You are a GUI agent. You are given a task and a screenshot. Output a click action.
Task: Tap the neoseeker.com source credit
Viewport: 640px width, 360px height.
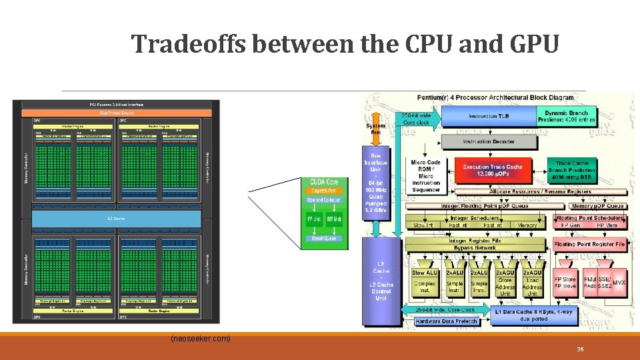(201, 339)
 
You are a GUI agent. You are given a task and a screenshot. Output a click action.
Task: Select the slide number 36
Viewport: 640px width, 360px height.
(581, 349)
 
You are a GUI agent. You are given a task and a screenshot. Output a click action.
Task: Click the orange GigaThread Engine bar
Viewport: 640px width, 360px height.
(116, 113)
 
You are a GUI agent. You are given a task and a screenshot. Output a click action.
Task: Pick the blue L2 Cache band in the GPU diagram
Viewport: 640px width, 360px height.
(116, 218)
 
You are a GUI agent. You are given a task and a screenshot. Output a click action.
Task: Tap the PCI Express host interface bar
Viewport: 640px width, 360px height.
(116, 105)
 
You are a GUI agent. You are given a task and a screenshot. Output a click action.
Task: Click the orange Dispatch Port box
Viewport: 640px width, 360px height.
(324, 191)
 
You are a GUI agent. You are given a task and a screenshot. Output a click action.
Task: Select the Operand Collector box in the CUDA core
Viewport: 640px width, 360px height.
(324, 200)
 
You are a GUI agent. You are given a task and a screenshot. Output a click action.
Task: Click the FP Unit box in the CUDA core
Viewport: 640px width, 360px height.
(314, 219)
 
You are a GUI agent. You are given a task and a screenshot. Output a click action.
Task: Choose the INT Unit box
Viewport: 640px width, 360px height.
(334, 219)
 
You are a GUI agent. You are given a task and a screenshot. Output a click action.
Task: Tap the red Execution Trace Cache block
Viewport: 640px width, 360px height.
(493, 170)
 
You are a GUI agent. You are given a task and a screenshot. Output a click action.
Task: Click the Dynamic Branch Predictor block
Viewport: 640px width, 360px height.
(569, 117)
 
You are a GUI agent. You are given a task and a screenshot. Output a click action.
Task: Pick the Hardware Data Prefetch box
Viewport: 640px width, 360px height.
(446, 321)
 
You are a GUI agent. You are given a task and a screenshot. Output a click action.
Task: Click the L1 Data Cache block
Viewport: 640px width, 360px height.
(534, 315)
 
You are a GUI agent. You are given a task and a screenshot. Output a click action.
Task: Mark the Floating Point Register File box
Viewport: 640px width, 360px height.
(590, 244)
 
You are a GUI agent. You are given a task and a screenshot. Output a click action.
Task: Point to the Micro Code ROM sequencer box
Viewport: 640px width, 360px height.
(426, 176)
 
